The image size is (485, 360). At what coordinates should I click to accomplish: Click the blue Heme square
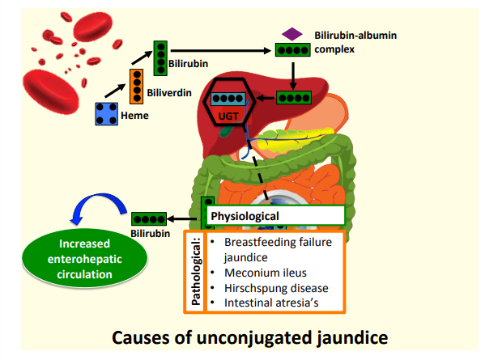pyautogui.click(x=106, y=114)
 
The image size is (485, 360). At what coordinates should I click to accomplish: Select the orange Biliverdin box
pyautogui.click(x=136, y=87)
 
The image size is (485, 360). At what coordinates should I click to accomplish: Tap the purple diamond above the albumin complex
pyautogui.click(x=292, y=34)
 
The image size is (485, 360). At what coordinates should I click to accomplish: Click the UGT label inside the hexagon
pyautogui.click(x=228, y=116)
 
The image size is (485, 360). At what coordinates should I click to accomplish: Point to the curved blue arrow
pyautogui.click(x=98, y=197)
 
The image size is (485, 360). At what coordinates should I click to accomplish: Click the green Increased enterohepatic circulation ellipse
pyautogui.click(x=84, y=259)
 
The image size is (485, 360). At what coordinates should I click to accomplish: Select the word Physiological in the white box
pyautogui.click(x=245, y=216)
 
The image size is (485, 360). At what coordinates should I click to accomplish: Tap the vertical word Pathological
pyautogui.click(x=196, y=271)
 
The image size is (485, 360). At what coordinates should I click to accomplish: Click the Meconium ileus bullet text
pyautogui.click(x=266, y=273)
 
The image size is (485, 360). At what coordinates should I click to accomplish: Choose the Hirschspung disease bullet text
pyautogui.click(x=276, y=288)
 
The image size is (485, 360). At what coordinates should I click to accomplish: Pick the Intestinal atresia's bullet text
pyautogui.click(x=271, y=303)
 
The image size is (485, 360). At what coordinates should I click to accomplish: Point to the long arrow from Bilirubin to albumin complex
pyautogui.click(x=220, y=50)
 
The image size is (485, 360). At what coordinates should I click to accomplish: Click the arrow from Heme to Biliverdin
pyautogui.click(x=115, y=91)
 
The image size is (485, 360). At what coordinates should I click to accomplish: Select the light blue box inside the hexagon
pyautogui.click(x=228, y=99)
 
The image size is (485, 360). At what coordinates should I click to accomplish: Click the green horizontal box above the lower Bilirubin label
pyautogui.click(x=149, y=218)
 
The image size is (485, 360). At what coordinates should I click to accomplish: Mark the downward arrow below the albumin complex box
pyautogui.click(x=293, y=76)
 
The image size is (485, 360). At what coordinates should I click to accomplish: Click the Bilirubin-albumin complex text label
pyautogui.click(x=355, y=42)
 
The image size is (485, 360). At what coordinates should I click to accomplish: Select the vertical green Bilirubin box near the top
pyautogui.click(x=160, y=58)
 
